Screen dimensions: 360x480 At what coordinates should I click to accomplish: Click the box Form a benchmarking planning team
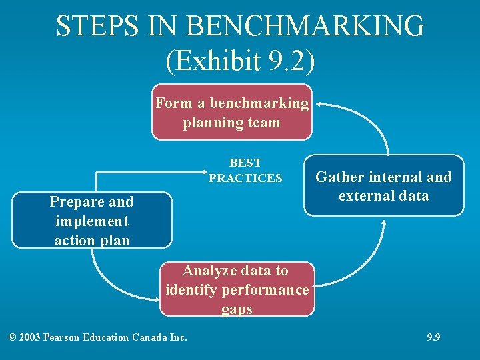tap(232, 112)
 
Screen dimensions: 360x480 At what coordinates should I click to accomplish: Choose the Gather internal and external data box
tap(383, 186)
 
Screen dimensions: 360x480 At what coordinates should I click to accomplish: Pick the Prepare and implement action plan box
tap(91, 221)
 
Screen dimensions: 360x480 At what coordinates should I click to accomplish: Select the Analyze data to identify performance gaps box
tap(237, 289)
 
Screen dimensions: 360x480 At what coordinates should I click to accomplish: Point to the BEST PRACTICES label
tap(245, 171)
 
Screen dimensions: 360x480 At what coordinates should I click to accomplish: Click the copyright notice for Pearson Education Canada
tap(98, 337)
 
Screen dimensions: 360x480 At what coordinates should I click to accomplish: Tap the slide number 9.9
tap(433, 337)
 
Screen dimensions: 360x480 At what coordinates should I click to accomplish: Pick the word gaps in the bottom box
tap(237, 309)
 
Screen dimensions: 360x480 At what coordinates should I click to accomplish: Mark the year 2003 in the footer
tap(29, 337)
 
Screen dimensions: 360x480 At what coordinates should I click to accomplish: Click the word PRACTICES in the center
tap(245, 178)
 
